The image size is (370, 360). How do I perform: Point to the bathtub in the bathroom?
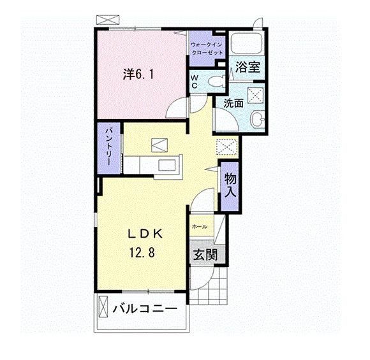[247, 44]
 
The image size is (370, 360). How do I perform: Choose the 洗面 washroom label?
[233, 103]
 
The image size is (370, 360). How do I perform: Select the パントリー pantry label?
[108, 146]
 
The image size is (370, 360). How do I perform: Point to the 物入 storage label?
[230, 184]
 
